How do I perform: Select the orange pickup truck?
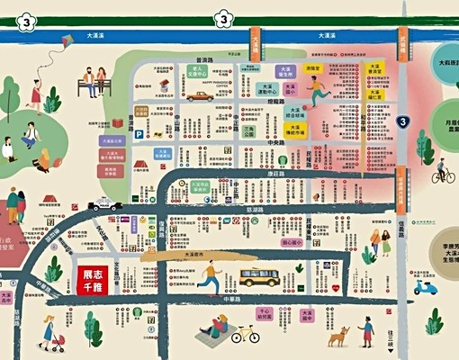click(198, 95)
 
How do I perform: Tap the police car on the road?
click(104, 204)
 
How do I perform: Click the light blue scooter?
click(425, 288)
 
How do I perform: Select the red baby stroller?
click(58, 341)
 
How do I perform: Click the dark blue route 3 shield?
click(403, 121)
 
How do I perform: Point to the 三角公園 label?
click(249, 131)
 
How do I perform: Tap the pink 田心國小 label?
click(292, 242)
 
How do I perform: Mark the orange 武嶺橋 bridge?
click(256, 42)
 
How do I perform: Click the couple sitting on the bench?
click(93, 82)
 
